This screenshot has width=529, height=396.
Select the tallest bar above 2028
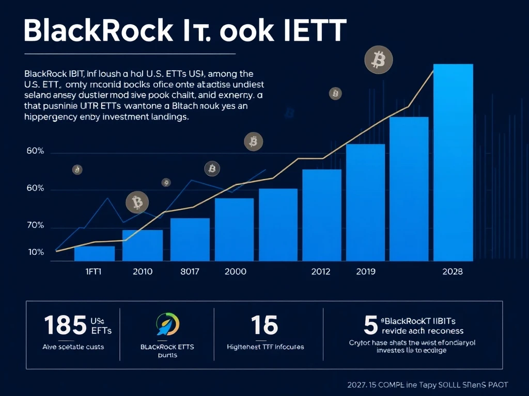(x=453, y=162)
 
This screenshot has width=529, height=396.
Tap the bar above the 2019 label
(x=365, y=202)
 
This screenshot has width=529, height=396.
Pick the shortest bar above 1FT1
(x=95, y=253)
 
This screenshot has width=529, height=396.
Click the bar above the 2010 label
(x=143, y=245)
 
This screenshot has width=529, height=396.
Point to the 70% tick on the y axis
(x=36, y=226)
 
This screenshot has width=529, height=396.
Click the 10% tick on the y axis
(x=36, y=252)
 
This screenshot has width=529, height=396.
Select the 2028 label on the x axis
(x=453, y=272)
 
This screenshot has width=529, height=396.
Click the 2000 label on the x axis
(x=236, y=272)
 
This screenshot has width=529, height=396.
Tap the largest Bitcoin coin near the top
(x=376, y=59)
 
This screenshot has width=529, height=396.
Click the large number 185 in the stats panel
(x=65, y=325)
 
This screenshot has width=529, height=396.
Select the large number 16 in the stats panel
(x=264, y=325)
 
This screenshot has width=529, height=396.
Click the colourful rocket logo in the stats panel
(x=167, y=324)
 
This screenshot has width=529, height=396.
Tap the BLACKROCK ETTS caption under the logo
(x=167, y=347)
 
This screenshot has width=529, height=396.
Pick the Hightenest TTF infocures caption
(x=266, y=347)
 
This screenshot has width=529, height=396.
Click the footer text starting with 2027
(x=427, y=385)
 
